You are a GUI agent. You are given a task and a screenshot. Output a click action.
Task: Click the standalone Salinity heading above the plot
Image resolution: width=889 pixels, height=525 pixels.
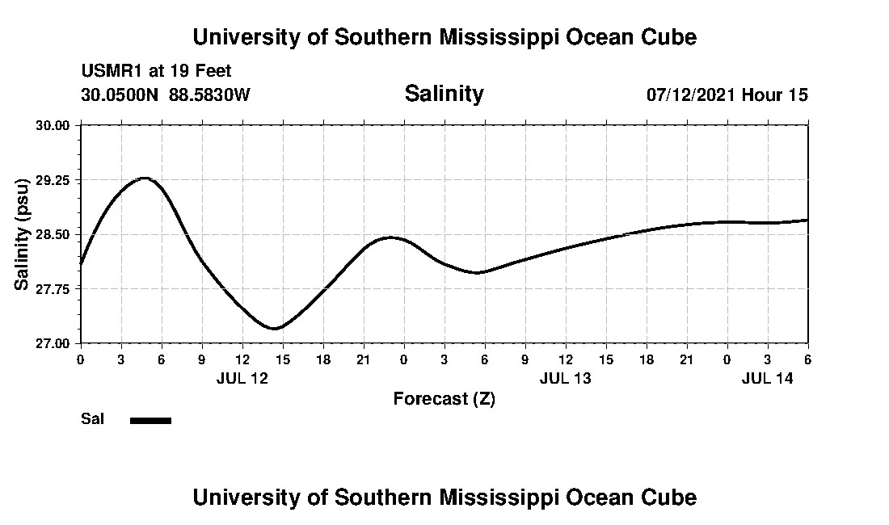tap(444, 94)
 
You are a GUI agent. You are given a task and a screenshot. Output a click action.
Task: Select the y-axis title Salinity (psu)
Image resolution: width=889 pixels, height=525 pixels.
tap(22, 234)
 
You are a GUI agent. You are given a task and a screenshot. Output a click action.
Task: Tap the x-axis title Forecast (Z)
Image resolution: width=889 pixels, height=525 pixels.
tap(444, 398)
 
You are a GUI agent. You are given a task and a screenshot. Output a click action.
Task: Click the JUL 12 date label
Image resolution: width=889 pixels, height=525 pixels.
tap(242, 378)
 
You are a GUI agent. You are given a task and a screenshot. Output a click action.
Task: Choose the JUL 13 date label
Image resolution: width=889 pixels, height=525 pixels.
tap(566, 378)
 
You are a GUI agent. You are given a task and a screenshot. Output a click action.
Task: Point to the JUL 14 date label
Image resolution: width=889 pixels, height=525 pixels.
tap(768, 378)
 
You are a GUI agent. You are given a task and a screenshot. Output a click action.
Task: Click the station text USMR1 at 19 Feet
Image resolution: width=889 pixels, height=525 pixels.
tap(156, 72)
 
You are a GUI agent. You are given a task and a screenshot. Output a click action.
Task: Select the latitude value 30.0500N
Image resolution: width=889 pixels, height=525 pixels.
tap(120, 94)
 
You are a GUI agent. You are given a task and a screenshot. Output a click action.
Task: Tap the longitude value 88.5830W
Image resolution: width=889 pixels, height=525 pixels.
tap(209, 94)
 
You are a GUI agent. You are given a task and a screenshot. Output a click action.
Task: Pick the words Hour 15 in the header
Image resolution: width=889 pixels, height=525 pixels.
tap(775, 94)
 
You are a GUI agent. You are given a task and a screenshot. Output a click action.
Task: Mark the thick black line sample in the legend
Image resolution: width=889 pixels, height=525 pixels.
tap(150, 420)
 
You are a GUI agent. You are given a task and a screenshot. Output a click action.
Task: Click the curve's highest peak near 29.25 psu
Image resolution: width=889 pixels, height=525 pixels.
tap(145, 178)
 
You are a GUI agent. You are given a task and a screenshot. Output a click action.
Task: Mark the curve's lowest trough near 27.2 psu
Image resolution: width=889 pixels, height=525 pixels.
tap(275, 329)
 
